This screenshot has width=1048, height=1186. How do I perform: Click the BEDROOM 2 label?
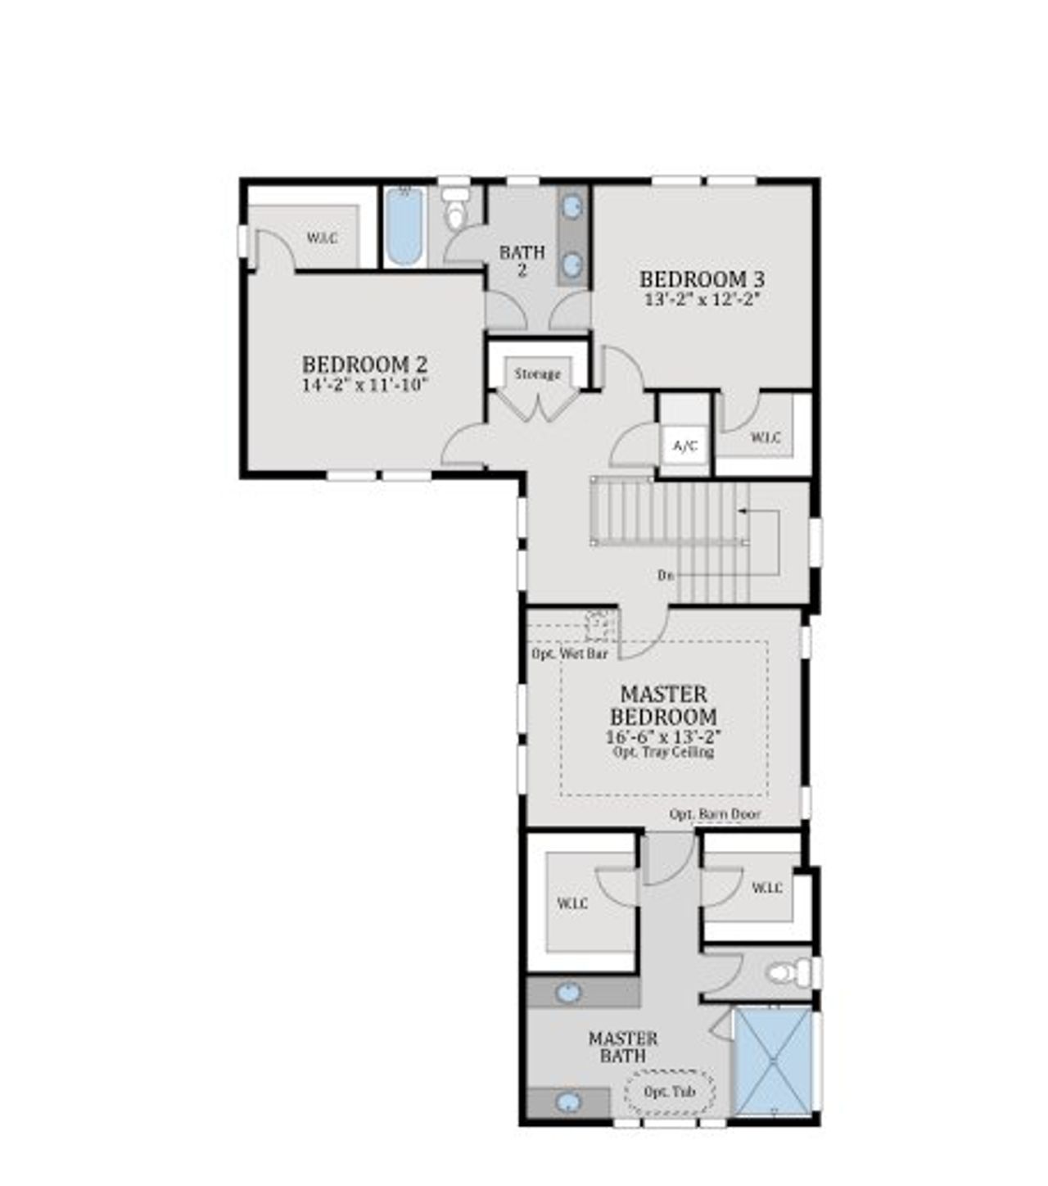click(x=364, y=364)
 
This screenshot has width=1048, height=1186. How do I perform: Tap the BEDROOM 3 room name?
click(x=702, y=279)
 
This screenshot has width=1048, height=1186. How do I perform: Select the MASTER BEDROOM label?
click(x=663, y=705)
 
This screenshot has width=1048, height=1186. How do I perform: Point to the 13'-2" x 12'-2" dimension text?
click(x=702, y=299)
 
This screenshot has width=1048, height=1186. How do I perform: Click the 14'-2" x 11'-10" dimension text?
click(x=364, y=385)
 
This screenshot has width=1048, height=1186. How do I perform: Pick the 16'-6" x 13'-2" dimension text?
click(x=663, y=736)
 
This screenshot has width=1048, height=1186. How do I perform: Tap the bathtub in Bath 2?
click(x=404, y=226)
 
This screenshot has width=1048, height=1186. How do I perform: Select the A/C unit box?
click(x=684, y=446)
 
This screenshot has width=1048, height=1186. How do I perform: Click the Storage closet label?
click(x=538, y=374)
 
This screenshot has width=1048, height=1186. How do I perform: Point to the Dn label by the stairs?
click(x=666, y=575)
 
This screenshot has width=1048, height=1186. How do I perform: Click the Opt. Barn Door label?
click(x=715, y=814)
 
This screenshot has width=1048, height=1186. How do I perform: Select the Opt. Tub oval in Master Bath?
click(x=670, y=1092)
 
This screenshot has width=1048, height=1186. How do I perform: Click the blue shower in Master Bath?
click(x=773, y=1062)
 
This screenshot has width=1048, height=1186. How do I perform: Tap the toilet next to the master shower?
click(x=786, y=974)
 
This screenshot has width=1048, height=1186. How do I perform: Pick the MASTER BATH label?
click(x=623, y=1048)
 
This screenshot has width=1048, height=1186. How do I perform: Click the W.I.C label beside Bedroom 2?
click(x=322, y=238)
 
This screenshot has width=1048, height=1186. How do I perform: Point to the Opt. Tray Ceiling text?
click(x=663, y=752)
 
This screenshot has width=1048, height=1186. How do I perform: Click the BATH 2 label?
click(x=522, y=261)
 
